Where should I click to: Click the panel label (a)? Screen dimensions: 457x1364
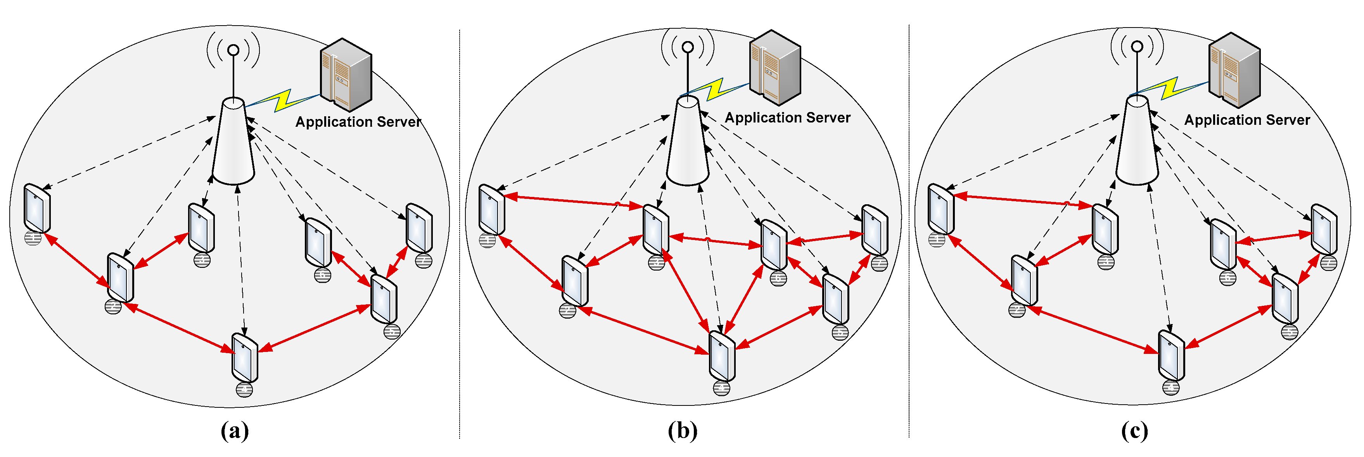235,431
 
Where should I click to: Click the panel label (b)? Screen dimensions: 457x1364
683,431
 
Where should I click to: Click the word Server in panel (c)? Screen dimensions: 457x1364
1287,120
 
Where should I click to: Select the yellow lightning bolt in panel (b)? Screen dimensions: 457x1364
715,90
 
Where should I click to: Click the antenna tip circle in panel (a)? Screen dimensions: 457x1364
233,50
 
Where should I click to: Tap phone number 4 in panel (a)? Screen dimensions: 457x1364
245,357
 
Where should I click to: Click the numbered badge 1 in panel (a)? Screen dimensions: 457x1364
33,238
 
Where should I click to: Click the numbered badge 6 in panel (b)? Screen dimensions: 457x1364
778,278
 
